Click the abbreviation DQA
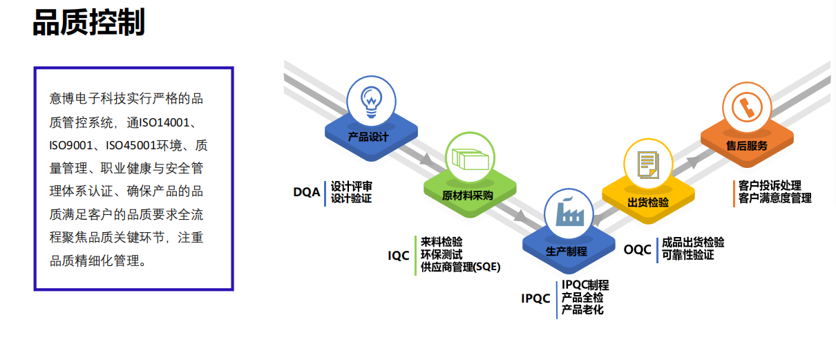307,192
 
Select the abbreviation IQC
399,256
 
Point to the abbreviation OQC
638,249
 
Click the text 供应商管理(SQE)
460,267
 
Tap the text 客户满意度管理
775,198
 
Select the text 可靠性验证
687,255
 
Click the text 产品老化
582,310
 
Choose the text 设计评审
351,186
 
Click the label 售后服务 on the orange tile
746,146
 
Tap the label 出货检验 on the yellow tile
648,202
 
